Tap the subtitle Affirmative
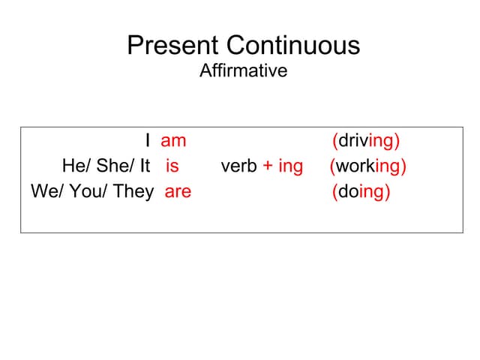click(x=243, y=71)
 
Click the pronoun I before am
click(x=148, y=140)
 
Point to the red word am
click(x=173, y=140)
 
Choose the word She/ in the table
click(x=112, y=166)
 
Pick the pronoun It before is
click(x=145, y=166)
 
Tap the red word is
click(x=172, y=166)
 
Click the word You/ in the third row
click(x=89, y=191)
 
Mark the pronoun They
click(x=134, y=191)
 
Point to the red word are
click(x=178, y=191)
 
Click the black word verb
click(x=239, y=166)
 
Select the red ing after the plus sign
click(x=290, y=166)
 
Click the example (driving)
click(x=365, y=141)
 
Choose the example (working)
click(x=367, y=166)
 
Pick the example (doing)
click(x=361, y=192)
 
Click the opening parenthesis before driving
click(x=334, y=141)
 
